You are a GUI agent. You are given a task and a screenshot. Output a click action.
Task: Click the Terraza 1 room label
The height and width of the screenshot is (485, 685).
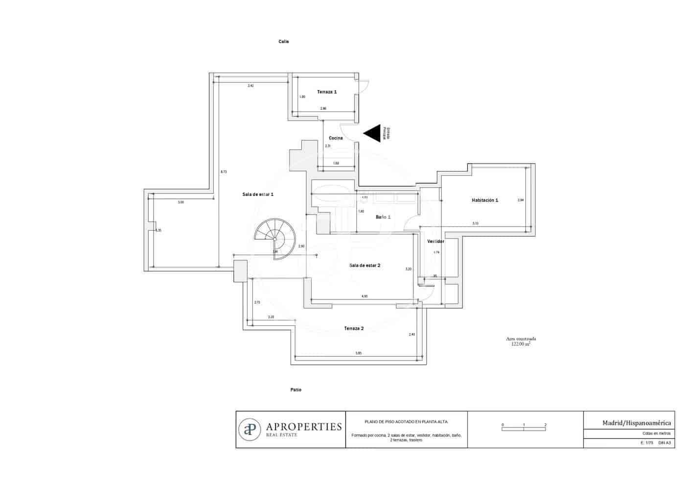[x=327, y=92]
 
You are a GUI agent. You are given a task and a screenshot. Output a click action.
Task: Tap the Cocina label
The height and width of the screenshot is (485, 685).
[x=336, y=138]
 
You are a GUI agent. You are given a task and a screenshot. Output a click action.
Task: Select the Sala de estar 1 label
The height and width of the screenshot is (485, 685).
[x=258, y=194]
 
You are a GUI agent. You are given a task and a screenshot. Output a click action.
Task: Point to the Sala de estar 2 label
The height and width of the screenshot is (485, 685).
[x=365, y=266]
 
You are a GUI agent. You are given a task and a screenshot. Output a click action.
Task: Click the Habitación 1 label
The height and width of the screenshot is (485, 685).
[x=485, y=200]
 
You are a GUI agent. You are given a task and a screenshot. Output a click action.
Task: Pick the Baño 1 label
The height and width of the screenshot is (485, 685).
[x=383, y=217]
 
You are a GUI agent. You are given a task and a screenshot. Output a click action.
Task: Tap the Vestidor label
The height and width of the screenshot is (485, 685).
[x=435, y=242]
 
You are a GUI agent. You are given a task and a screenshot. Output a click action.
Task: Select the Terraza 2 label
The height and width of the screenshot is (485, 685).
[x=354, y=328]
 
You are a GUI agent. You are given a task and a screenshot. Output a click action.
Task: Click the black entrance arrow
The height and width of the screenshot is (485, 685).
[x=372, y=133]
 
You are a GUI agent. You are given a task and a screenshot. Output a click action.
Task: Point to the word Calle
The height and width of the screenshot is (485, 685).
[x=284, y=42]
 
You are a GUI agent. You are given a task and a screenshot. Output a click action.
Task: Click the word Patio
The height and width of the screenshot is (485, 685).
[x=296, y=390]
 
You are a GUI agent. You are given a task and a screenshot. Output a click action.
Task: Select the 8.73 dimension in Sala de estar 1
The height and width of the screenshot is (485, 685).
[x=224, y=172]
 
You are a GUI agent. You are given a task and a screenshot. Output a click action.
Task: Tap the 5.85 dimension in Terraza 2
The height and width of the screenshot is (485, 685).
[x=358, y=353]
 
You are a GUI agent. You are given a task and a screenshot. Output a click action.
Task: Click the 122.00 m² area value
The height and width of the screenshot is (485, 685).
[x=521, y=344]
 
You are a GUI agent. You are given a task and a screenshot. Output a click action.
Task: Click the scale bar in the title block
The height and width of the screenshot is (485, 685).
[x=524, y=429]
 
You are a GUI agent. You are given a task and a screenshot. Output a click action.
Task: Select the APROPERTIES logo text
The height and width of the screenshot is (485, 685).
[x=303, y=427]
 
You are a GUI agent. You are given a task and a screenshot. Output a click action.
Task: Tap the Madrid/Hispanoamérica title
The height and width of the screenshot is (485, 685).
[x=637, y=423]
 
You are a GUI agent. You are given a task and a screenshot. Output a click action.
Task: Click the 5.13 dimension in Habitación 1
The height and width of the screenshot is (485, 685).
[x=475, y=223]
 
